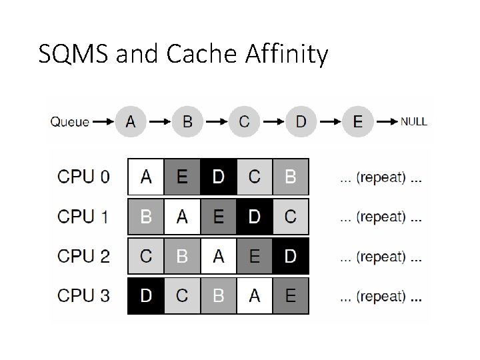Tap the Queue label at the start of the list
[69, 122]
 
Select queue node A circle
[131, 122]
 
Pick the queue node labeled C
[245, 122]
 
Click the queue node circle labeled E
[358, 122]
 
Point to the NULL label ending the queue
[413, 122]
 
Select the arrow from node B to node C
[216, 122]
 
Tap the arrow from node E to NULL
[387, 122]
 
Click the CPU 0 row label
[84, 177]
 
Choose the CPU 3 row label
[84, 295]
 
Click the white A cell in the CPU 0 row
[145, 177]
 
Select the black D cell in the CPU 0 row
[218, 177]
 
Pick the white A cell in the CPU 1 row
[181, 217]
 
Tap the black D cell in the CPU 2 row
[291, 256]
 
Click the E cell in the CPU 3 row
[291, 295]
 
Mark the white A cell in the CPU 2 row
[218, 256]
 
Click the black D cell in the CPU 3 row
[145, 295]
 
